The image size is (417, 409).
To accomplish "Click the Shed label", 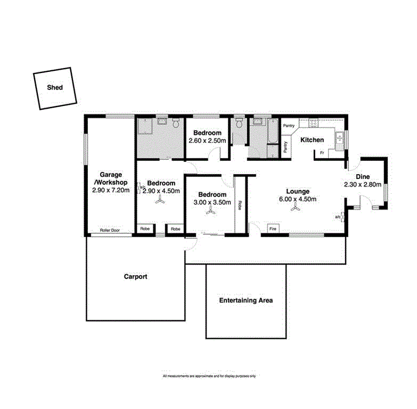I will (x=54, y=87).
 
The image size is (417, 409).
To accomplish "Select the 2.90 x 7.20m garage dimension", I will (x=111, y=191).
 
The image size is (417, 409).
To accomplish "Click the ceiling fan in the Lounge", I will (x=296, y=208).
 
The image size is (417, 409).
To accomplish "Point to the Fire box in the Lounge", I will (x=272, y=228).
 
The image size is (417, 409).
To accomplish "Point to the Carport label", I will (x=135, y=277).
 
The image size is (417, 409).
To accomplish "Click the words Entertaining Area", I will (x=246, y=301).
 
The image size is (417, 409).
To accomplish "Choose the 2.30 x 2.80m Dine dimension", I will (x=363, y=184).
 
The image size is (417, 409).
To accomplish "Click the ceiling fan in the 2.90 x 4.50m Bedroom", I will (x=160, y=201).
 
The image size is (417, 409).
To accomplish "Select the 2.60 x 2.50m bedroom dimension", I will (x=207, y=141).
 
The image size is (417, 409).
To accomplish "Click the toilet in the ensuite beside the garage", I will (x=175, y=124).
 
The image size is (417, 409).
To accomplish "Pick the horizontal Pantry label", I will (x=288, y=126).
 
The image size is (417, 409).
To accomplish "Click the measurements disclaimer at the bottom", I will (x=209, y=376).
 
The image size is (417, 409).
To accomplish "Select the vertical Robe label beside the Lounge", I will (x=240, y=205).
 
